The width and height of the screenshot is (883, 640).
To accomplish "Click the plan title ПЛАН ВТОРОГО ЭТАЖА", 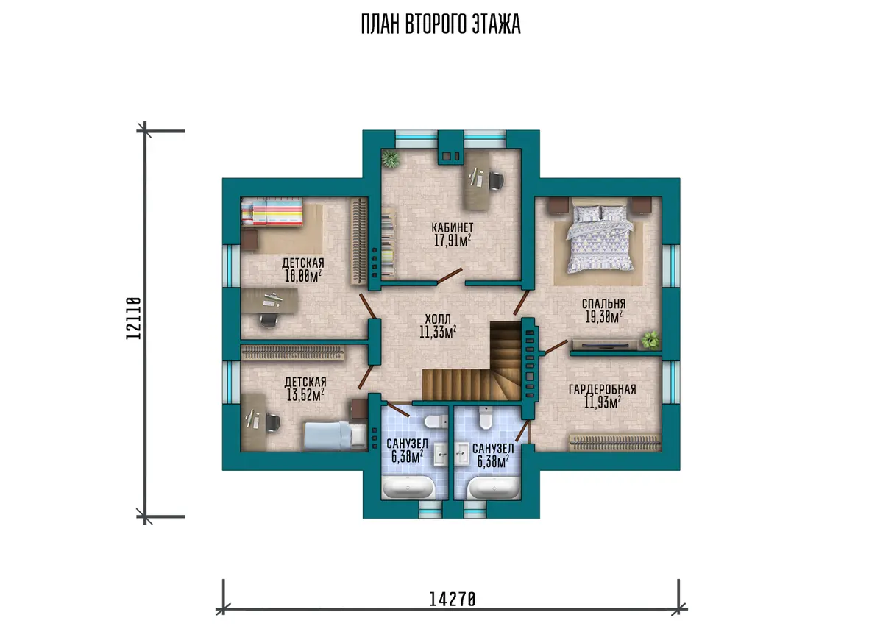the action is (441, 24).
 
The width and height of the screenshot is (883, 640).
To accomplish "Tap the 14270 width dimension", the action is (452, 600).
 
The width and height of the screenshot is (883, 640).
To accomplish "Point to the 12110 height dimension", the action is (134, 319).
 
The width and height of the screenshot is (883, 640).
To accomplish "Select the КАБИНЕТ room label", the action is (452, 227).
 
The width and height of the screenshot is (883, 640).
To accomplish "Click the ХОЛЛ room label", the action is (438, 319).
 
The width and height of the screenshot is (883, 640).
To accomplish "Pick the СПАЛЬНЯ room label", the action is (603, 303).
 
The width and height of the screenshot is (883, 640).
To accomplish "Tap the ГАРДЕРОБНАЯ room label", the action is (603, 389).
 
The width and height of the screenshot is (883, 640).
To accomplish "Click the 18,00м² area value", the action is (303, 276).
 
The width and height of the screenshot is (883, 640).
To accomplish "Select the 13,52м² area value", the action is (305, 395).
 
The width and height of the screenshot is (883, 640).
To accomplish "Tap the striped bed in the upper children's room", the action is (272, 212).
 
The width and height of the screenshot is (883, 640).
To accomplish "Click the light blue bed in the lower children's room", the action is (335, 435).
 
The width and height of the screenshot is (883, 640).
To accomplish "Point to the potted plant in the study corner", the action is (391, 159).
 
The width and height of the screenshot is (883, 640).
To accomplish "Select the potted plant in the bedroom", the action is (650, 340).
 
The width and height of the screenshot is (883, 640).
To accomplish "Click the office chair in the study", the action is (496, 181).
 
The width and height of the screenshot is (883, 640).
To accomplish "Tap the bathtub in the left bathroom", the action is (409, 488).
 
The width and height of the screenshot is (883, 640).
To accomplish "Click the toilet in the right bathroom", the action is (486, 417).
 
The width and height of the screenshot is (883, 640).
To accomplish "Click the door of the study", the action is (450, 276).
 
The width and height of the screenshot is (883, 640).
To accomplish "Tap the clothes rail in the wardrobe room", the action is (615, 443).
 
